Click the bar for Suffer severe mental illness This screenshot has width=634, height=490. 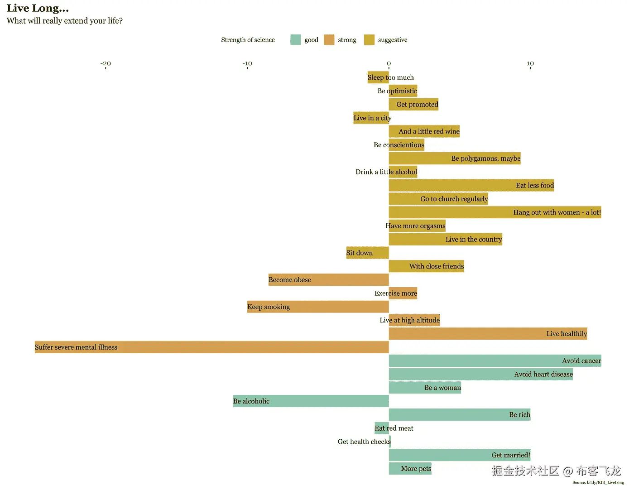pyautogui.click(x=211, y=347)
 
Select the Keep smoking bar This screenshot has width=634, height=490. pyautogui.click(x=318, y=307)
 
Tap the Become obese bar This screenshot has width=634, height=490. pyautogui.click(x=328, y=280)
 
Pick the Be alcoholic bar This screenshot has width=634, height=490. pyautogui.click(x=311, y=401)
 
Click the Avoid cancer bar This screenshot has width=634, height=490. pyautogui.click(x=495, y=361)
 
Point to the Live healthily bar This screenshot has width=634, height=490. pyautogui.click(x=488, y=334)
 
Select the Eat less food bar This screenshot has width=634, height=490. pyautogui.click(x=471, y=185)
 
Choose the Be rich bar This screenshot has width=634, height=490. pyautogui.click(x=459, y=415)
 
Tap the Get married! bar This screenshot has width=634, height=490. pyautogui.click(x=459, y=455)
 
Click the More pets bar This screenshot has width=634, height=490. pyautogui.click(x=410, y=469)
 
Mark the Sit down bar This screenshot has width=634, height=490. pyautogui.click(x=367, y=253)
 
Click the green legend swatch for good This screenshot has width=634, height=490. pyautogui.click(x=295, y=40)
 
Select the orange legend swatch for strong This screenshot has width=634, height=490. pyautogui.click(x=329, y=40)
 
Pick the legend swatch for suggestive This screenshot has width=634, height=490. pyautogui.click(x=369, y=40)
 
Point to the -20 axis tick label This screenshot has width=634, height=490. pyautogui.click(x=106, y=63)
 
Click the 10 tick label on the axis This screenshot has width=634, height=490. pyautogui.click(x=530, y=63)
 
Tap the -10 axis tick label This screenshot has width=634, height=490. pyautogui.click(x=247, y=63)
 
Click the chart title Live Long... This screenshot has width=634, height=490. pyautogui.click(x=38, y=8)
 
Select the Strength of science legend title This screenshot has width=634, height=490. pyautogui.click(x=248, y=40)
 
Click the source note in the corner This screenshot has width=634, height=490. pyautogui.click(x=598, y=483)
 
